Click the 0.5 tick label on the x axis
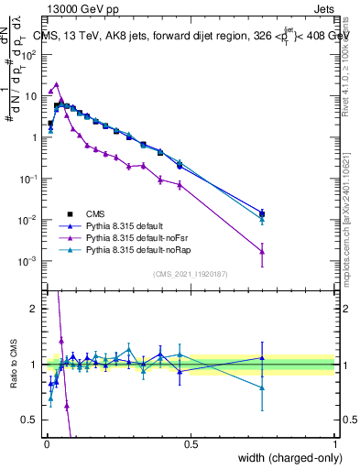[x=191, y=444]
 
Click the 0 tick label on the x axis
[x=46, y=444]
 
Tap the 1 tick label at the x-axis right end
[x=334, y=444]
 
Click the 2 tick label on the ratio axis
[x=35, y=309]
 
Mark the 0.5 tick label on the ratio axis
[x=30, y=420]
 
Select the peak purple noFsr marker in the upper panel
[x=57, y=84]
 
